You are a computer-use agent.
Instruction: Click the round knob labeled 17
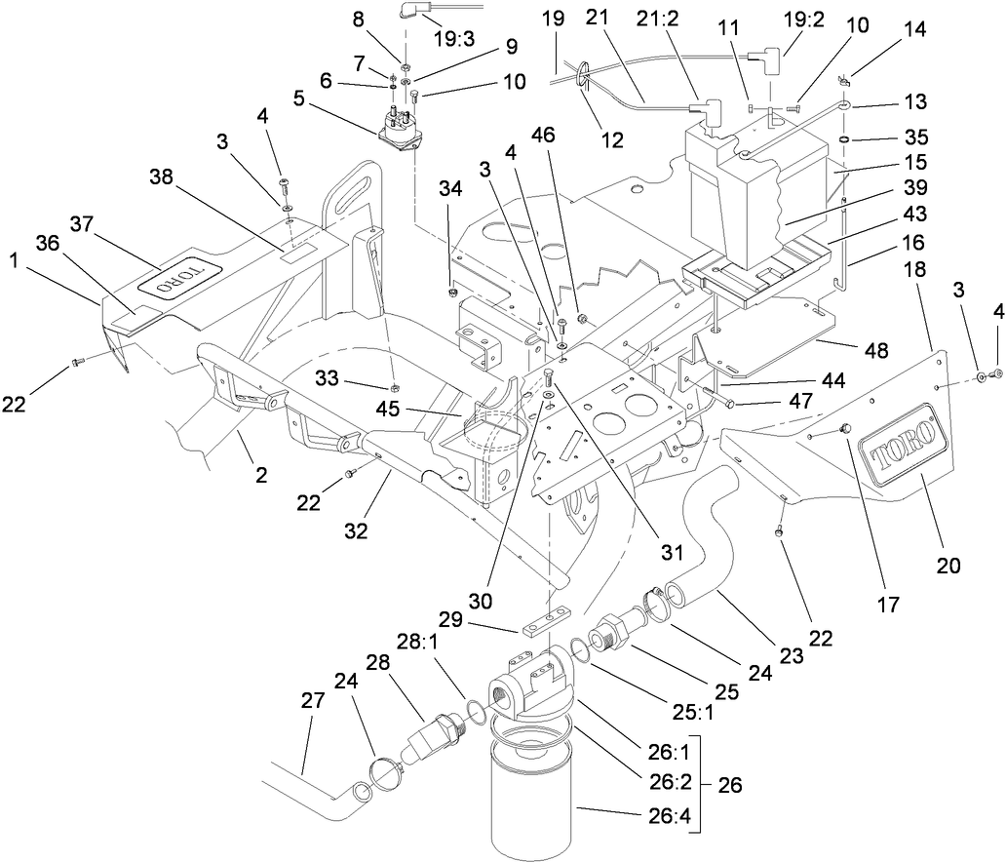coord(844,429)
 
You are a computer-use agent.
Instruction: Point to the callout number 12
coord(611,139)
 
